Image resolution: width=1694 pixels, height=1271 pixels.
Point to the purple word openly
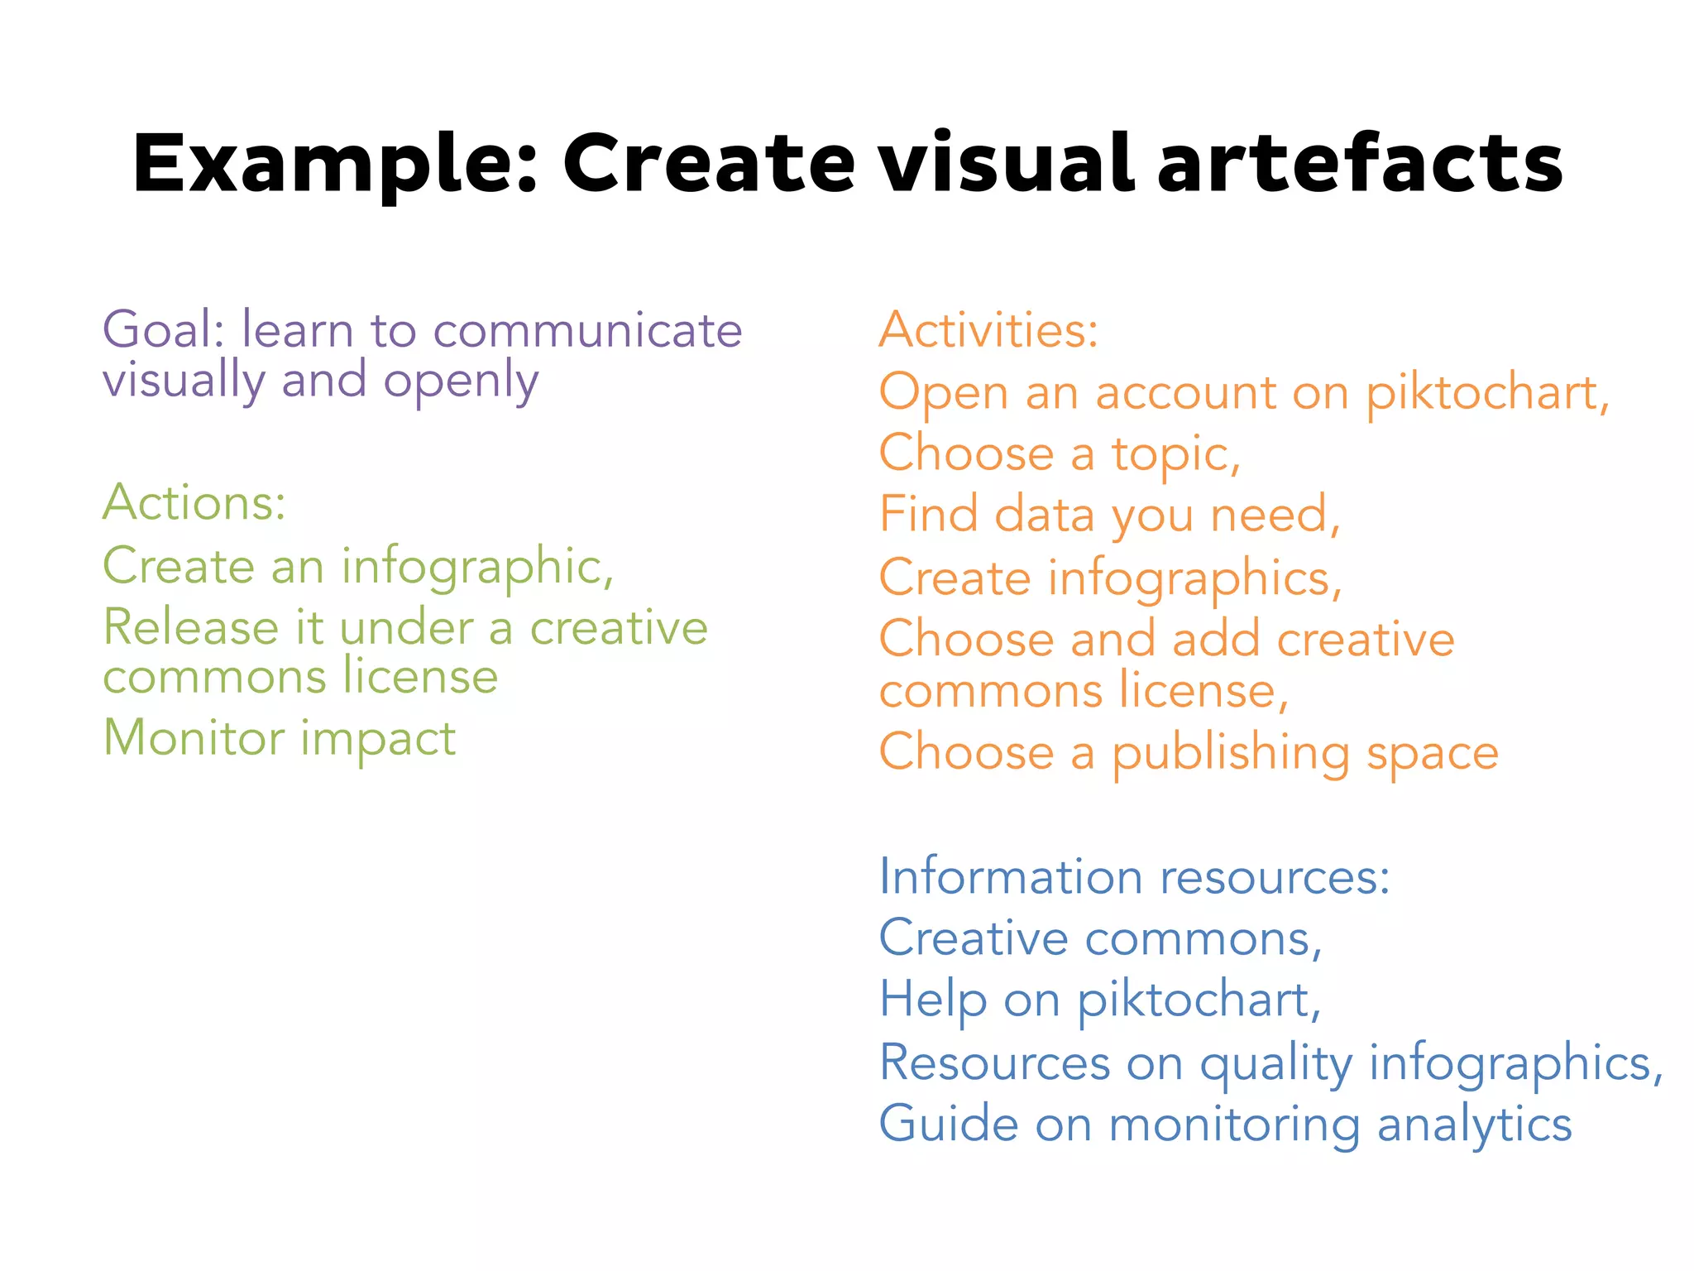coord(461,381)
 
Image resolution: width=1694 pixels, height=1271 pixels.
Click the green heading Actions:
coord(194,501)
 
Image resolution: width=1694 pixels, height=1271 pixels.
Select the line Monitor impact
coord(280,737)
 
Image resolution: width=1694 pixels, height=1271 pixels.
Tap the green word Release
coord(191,626)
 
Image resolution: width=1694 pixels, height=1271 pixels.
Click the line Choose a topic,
coord(1060,453)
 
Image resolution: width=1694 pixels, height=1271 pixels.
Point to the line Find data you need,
coord(1108,514)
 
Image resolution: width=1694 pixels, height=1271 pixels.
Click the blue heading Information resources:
coord(1134,876)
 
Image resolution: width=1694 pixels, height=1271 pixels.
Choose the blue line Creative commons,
coord(1100,938)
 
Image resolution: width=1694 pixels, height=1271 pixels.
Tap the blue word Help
coord(932,1000)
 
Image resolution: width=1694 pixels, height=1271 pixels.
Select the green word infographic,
coord(477,568)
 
